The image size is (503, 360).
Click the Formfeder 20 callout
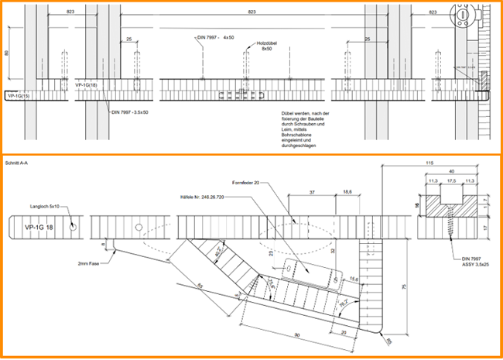[248, 182]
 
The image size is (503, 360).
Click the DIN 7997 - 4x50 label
[214, 37]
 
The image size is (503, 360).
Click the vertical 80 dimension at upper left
[7, 54]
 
